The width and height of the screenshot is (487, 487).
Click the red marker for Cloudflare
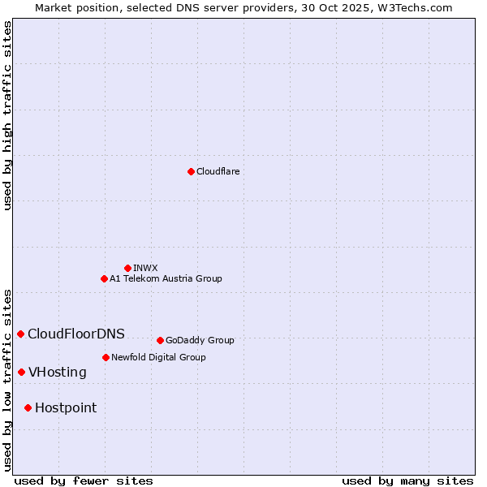coord(191,171)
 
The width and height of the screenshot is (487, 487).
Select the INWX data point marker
coord(127,268)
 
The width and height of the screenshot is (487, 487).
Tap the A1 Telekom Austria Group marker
coord(104,278)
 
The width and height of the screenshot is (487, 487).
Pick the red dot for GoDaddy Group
coord(160,340)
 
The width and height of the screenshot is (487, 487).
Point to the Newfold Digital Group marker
coord(106,357)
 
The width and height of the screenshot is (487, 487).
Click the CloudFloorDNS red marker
coord(20,334)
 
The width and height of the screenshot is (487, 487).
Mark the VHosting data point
coord(21,372)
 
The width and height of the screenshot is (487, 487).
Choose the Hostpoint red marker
coord(28,407)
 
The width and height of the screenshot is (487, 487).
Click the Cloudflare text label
coord(218,171)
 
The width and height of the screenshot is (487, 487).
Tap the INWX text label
coord(145,268)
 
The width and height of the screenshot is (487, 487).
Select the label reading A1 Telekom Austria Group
coord(166,278)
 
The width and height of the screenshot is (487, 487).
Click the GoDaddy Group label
coord(200,340)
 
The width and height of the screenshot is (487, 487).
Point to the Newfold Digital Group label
coord(158,357)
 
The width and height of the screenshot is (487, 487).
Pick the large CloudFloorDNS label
coord(76,334)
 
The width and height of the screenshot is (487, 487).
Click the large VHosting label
coord(58,372)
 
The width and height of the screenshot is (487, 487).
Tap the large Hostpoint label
coord(66,407)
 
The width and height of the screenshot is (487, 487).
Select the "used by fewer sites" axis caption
coord(84,481)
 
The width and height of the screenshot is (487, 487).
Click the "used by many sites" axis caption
coord(407,481)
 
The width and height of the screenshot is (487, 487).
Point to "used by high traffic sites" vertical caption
coord(7,115)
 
